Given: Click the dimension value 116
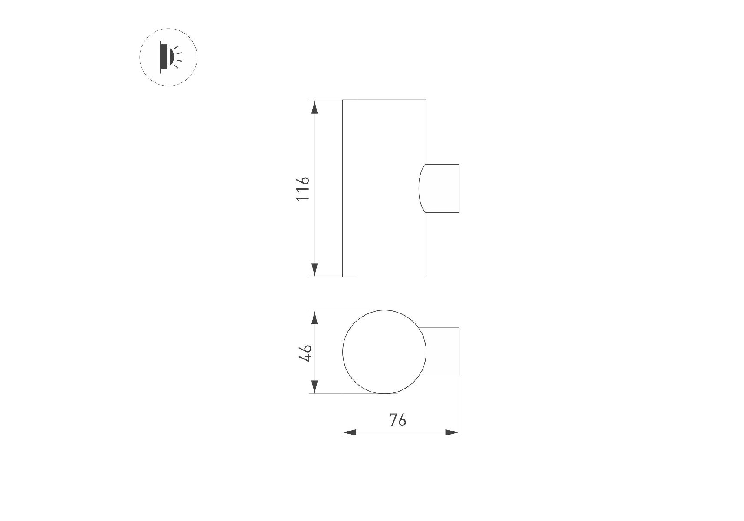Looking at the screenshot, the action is click(x=302, y=188).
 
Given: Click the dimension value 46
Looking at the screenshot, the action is click(x=305, y=353).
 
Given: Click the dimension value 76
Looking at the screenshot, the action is click(x=397, y=420).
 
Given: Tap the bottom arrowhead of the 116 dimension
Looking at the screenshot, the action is click(x=315, y=270).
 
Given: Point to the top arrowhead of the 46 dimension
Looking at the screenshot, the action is click(x=315, y=317).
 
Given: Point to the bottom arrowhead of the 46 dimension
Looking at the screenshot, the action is click(x=315, y=387).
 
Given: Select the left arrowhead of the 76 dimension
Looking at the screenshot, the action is click(x=350, y=432).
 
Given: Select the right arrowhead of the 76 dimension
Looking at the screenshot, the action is click(x=452, y=432).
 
